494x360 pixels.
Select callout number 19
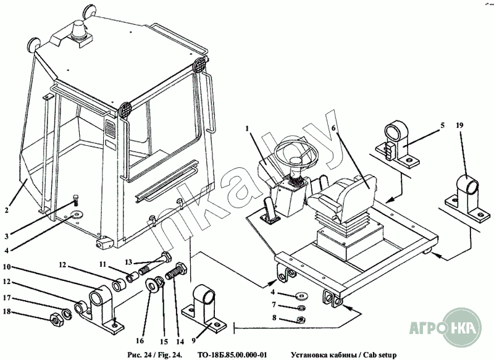pos(459,125)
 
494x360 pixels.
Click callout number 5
pos(442,125)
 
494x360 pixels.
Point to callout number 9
pos(193,340)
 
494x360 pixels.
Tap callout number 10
pos(7,267)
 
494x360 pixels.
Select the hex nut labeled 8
pos(300,320)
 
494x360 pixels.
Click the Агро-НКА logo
pos(445,327)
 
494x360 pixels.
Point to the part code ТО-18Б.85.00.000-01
pos(232,355)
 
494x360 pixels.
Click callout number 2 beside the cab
pos(7,210)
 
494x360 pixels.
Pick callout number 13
pos(128,262)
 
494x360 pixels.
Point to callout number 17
pos(7,297)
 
